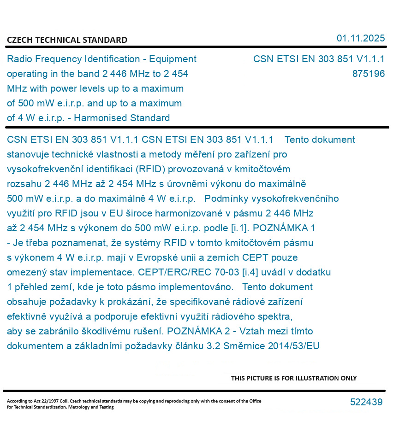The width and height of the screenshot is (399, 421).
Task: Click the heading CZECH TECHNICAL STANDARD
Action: [67, 40]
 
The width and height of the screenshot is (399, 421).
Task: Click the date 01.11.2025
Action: [360, 38]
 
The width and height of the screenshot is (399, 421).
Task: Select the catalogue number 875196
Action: [368, 74]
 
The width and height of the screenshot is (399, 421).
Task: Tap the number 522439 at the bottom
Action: [366, 402]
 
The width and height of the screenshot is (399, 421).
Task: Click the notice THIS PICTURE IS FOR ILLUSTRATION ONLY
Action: [293, 378]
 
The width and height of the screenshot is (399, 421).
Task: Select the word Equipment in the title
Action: [173, 59]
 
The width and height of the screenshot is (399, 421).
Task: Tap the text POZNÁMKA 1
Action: [285, 228]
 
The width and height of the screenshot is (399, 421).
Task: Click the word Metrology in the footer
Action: [84, 407]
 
